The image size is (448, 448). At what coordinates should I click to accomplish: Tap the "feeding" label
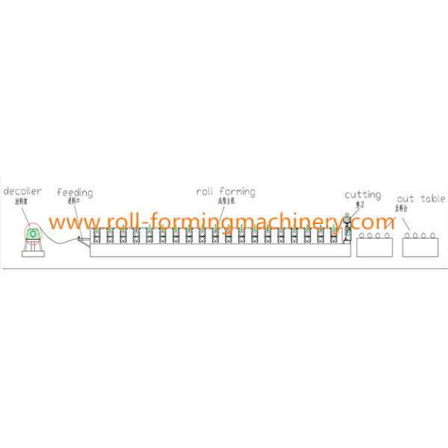click(75, 193)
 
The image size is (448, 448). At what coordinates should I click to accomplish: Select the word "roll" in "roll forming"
click(205, 191)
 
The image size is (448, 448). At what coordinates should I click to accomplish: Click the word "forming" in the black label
click(237, 191)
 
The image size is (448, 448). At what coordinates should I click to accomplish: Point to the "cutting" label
click(362, 195)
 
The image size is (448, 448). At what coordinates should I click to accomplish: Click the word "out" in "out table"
click(405, 199)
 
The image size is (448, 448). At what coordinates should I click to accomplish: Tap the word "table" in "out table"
click(432, 199)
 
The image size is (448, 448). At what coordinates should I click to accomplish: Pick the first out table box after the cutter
click(373, 245)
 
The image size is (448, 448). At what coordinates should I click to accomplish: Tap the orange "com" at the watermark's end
click(380, 222)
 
